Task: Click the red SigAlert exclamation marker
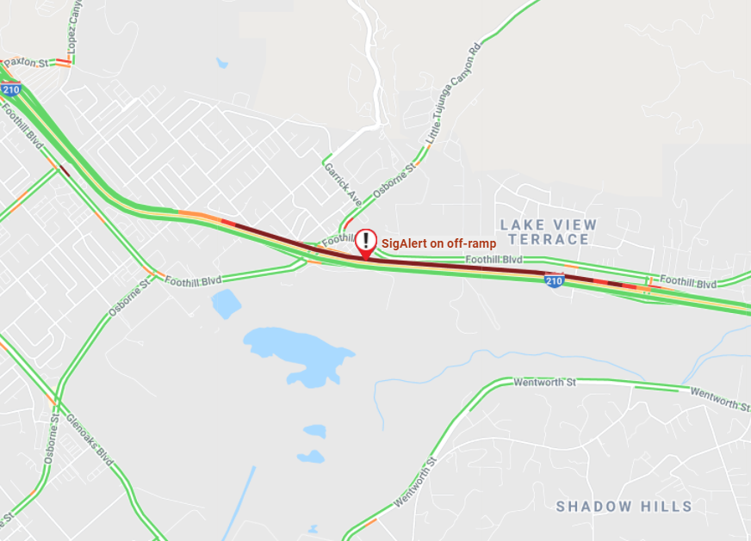tap(367, 241)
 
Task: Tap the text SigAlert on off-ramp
tap(438, 243)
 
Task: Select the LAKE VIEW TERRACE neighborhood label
tap(549, 231)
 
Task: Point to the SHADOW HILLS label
tap(624, 506)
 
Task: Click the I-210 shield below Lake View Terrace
tap(554, 280)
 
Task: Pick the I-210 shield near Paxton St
tap(11, 89)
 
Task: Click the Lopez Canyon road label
tap(76, 26)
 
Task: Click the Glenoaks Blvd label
tap(90, 440)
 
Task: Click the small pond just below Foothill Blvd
tap(226, 304)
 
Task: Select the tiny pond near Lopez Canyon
tap(222, 63)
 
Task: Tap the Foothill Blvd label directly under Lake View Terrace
tap(493, 259)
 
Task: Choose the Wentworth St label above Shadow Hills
tap(543, 382)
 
